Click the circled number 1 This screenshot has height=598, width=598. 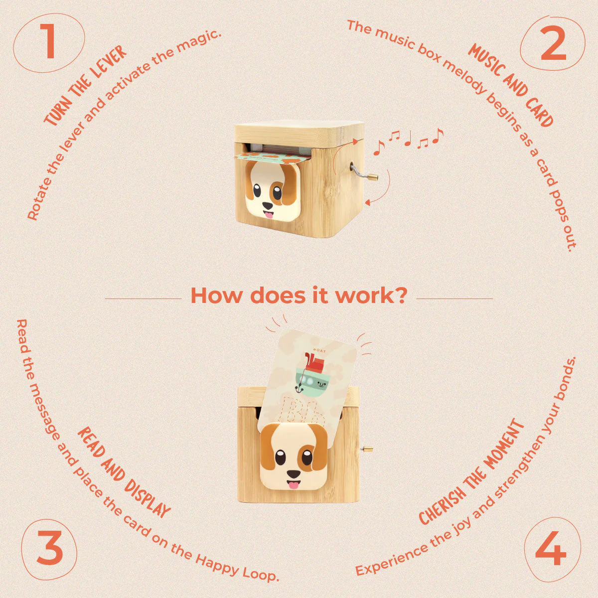coord(48,42)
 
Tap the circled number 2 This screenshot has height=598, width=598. coord(553,45)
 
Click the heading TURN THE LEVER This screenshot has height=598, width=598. coord(85,87)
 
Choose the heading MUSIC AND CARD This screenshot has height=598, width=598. coord(511,85)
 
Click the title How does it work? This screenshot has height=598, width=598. coord(299,295)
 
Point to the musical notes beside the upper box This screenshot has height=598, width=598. coord(408,139)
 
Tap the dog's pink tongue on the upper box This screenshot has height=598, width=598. coord(269,215)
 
